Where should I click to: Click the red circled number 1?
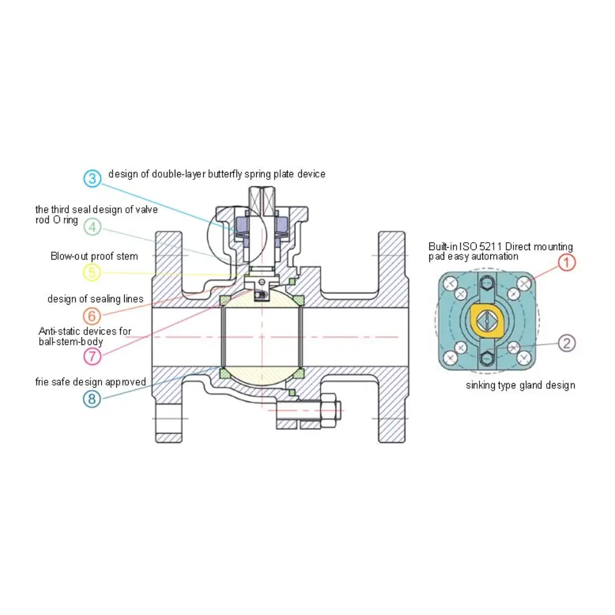point(567,262)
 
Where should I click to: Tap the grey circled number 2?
point(567,343)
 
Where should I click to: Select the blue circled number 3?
point(92,178)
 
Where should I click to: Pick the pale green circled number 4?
point(92,227)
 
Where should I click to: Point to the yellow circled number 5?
point(92,272)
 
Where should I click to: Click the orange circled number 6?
point(92,315)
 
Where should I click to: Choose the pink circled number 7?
point(92,356)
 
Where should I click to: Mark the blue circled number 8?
point(92,399)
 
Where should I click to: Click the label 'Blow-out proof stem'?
point(94,256)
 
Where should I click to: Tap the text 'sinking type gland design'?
point(520,386)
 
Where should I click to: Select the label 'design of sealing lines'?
point(95,300)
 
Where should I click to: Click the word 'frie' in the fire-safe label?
point(42,382)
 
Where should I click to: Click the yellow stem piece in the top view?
point(486,321)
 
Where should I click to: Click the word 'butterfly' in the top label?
point(225,174)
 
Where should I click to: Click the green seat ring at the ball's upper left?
point(224,301)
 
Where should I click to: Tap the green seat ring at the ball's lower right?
point(299,373)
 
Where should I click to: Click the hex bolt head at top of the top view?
point(487,282)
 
